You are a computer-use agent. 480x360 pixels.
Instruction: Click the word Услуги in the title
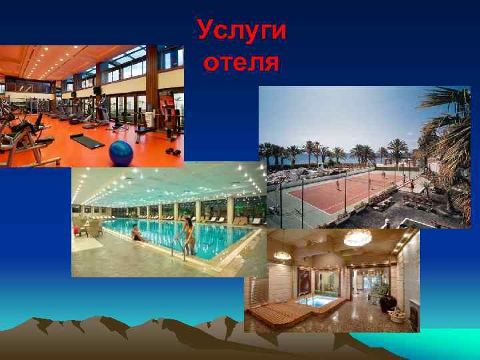(x=242, y=31)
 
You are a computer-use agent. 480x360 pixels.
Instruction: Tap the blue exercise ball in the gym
(x=121, y=153)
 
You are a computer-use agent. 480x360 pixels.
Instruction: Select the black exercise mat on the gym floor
(x=87, y=141)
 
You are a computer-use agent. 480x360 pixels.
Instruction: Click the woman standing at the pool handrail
(x=189, y=235)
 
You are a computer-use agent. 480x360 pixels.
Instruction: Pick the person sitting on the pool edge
(x=137, y=233)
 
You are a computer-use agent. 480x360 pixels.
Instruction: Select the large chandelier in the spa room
(x=357, y=238)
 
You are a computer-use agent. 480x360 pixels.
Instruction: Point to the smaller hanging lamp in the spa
(x=282, y=254)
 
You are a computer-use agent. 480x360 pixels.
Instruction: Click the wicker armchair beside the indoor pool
(x=93, y=229)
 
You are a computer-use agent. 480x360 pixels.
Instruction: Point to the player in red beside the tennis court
(x=411, y=185)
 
